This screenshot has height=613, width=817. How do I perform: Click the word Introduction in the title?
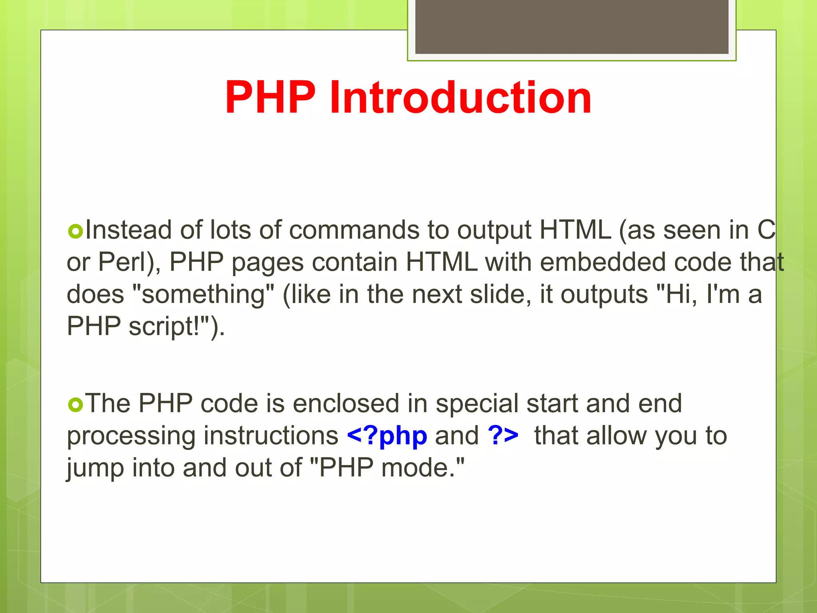pyautogui.click(x=460, y=97)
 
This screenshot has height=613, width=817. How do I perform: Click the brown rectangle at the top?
pyautogui.click(x=572, y=26)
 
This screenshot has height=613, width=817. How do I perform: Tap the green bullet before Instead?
pyautogui.click(x=75, y=231)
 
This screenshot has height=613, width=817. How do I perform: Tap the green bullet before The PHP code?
pyautogui.click(x=75, y=404)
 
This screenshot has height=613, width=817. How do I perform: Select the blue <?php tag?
pyautogui.click(x=387, y=435)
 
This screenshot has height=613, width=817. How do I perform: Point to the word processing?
pyautogui.click(x=131, y=436)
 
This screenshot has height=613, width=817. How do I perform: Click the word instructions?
pyautogui.click(x=271, y=435)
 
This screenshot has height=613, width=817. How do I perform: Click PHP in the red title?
pyautogui.click(x=270, y=97)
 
